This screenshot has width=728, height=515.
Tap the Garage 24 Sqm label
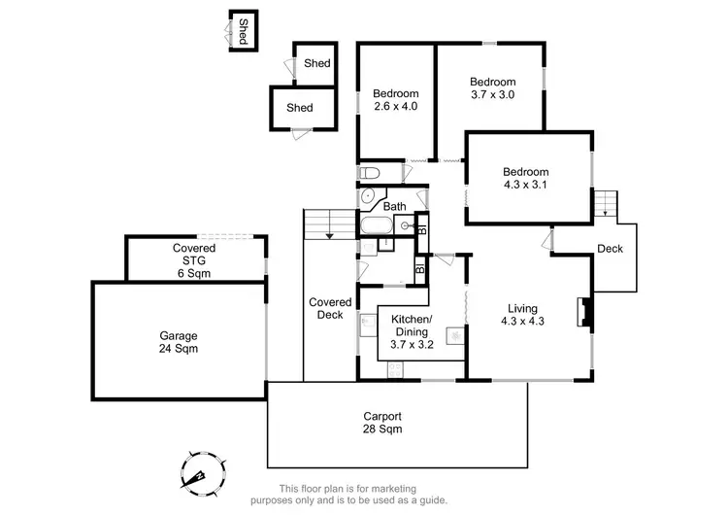coord(179,342)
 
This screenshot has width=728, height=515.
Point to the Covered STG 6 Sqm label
coord(194,260)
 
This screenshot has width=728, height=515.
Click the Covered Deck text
coord(325,308)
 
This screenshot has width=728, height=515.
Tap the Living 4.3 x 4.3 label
coord(522,315)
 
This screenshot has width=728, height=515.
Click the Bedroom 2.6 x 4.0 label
coord(395,100)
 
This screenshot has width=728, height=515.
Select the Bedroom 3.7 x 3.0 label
coord(493,88)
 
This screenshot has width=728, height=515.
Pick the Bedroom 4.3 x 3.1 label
coord(525,179)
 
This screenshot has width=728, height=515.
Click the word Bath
coord(394,206)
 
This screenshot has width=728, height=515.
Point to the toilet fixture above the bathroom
coord(369,173)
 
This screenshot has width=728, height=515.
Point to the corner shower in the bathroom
coord(368,196)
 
